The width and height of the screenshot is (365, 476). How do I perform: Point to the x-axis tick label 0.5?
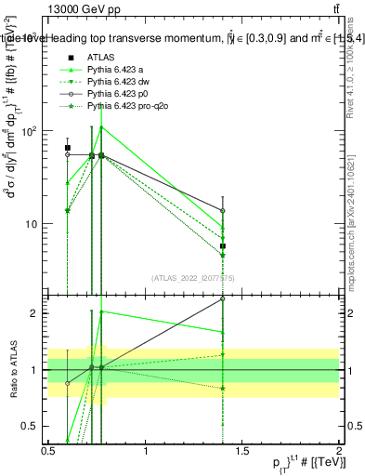(x=48, y=451)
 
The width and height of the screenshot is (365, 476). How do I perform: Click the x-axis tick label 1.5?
(x=243, y=451)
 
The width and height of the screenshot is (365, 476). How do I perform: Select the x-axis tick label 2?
(x=340, y=451)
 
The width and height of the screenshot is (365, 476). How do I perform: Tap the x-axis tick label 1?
(x=146, y=451)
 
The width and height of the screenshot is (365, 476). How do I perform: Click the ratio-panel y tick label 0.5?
(x=33, y=426)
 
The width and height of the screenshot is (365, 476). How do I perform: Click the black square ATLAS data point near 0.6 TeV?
(x=68, y=148)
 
